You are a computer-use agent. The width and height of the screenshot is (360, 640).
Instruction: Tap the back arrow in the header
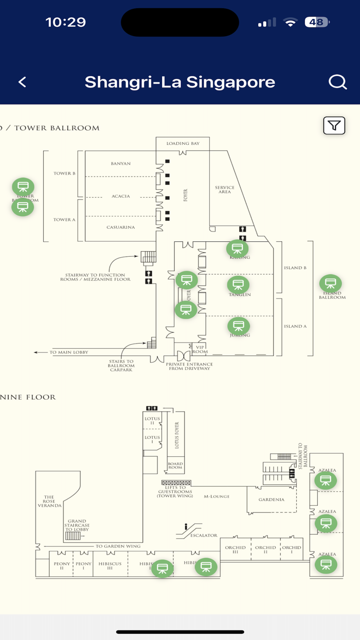22,82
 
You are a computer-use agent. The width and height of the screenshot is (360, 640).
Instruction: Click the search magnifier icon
337,82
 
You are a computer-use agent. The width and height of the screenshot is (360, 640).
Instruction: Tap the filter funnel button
334,126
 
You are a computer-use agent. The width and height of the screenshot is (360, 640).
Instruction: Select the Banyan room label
121,164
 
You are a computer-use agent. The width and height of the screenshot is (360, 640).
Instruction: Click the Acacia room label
121,196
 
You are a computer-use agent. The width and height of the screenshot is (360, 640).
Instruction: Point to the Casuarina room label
121,227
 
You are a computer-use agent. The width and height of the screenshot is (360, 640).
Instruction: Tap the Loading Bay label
182,144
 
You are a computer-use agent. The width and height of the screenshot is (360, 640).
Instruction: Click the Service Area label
225,189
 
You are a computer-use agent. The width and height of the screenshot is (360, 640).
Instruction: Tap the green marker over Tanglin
238,285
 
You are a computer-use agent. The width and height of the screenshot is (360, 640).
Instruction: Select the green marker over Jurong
238,325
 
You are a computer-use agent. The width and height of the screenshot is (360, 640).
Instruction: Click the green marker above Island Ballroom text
330,283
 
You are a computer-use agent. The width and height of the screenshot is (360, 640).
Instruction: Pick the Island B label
295,268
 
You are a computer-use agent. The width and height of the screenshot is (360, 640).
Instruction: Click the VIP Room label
200,349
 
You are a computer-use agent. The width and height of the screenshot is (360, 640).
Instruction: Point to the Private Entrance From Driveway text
189,366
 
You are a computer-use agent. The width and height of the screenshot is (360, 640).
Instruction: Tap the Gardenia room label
271,500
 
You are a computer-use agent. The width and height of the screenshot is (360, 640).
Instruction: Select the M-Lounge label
216,496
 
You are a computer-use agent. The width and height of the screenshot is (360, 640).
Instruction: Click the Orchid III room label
235,550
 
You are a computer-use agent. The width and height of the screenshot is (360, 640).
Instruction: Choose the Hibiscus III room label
110,566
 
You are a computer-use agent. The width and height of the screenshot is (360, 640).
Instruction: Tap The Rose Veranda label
49,502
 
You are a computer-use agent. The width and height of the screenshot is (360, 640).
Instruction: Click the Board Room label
175,465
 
